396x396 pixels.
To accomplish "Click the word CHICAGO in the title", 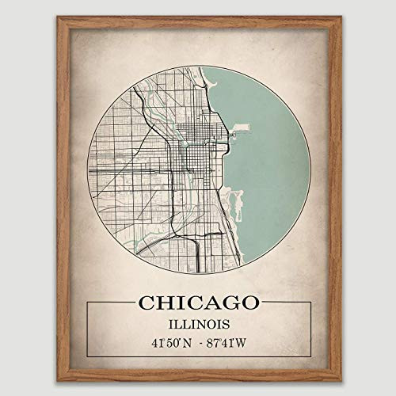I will point(198,303).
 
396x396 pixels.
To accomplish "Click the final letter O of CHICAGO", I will point(249,303).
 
